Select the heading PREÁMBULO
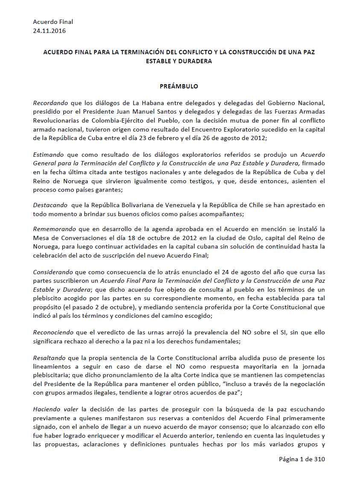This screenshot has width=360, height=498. [179, 86]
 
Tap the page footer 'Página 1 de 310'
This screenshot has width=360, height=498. [302, 460]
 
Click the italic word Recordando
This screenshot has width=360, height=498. [50, 103]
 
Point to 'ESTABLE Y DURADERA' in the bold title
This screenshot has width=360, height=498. [179, 61]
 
